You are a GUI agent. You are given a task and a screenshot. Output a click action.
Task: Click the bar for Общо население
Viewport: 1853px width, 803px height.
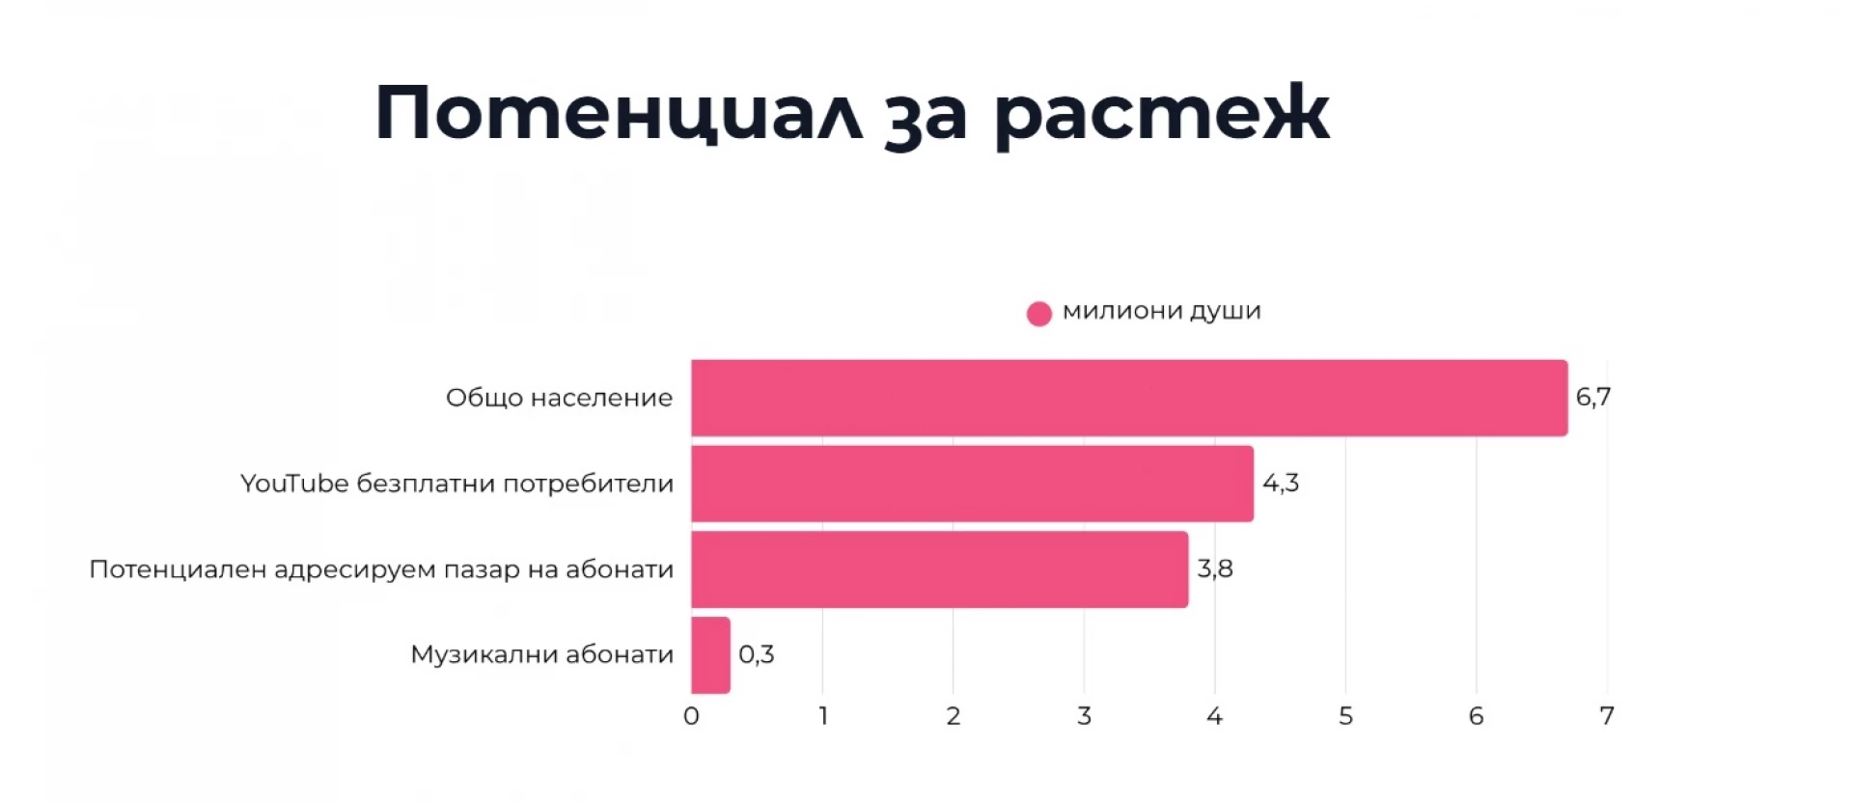[x=1129, y=398]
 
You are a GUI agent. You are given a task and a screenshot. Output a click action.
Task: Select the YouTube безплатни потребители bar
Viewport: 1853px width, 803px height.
[x=972, y=484]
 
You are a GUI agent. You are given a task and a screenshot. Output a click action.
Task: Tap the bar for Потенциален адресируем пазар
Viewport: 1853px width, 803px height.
[x=939, y=569]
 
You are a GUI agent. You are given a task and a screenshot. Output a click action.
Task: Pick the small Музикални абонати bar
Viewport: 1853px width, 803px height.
[x=710, y=655]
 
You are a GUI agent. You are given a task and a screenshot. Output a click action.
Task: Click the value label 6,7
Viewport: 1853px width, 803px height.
[x=1592, y=397]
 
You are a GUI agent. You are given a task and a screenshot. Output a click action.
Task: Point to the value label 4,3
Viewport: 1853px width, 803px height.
[x=1281, y=483]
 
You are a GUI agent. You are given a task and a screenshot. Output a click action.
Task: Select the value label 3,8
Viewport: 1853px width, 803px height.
[x=1215, y=568]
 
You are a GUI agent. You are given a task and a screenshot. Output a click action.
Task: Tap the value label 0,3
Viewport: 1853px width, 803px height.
[x=756, y=654]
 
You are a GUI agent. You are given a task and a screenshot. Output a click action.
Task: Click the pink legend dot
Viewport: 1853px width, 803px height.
[x=1038, y=314]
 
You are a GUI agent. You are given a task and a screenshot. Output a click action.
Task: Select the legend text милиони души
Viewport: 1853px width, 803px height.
[x=1161, y=311]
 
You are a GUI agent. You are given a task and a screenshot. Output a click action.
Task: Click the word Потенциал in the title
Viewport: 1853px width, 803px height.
[x=618, y=114]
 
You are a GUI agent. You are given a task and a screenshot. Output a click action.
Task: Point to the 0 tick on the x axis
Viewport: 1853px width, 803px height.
[x=691, y=716]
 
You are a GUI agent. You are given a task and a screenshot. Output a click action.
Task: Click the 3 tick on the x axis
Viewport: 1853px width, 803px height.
[x=1084, y=716]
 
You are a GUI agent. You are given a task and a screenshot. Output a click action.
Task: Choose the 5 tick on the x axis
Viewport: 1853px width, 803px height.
[x=1345, y=716]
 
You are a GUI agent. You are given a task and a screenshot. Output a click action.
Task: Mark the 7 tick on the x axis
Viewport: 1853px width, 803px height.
[x=1606, y=716]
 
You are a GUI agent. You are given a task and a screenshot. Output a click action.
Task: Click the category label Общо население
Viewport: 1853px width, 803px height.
[x=559, y=398]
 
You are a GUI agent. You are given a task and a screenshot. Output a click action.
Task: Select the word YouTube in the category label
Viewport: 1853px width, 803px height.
[x=294, y=483]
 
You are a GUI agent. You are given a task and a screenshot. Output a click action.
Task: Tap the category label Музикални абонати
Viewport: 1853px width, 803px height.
[x=541, y=654]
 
